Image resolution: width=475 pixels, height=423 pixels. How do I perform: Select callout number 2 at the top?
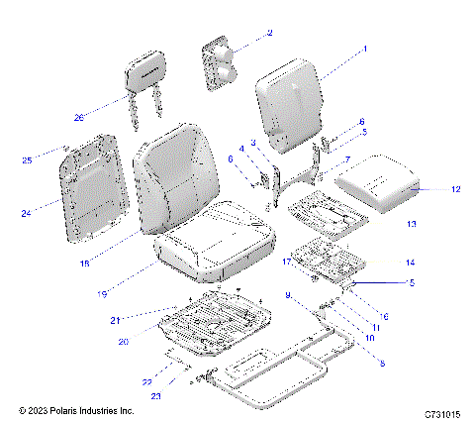coord(268,33)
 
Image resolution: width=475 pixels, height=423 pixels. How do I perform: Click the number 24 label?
coord(27,212)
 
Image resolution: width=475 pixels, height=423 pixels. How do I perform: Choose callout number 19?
coord(102,295)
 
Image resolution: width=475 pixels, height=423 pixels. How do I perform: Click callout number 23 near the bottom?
coord(156,395)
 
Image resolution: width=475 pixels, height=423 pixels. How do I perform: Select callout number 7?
coord(346,158)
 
